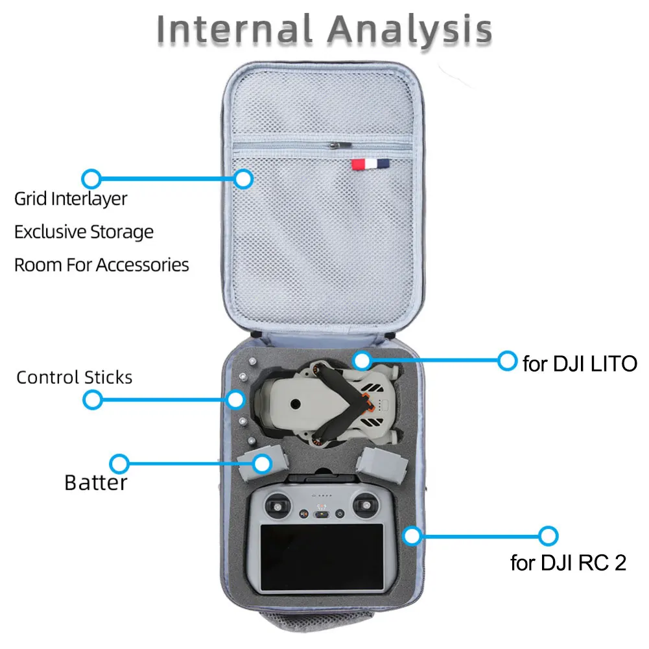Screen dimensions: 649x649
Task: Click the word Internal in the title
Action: tap(234, 29)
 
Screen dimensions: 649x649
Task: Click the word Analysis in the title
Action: tap(409, 30)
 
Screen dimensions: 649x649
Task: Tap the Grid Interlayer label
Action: tap(71, 199)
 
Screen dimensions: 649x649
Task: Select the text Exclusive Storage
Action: tap(84, 232)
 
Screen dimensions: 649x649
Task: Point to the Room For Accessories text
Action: tap(102, 265)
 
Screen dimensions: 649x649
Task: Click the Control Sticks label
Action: tap(75, 377)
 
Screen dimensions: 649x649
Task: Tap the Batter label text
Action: tap(96, 482)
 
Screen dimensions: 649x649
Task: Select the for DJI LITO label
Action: tap(580, 364)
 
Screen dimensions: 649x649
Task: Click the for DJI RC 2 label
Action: tap(569, 563)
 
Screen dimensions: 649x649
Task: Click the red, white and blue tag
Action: tap(370, 164)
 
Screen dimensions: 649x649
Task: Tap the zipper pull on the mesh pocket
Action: tap(340, 145)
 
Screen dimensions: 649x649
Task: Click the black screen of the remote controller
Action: tap(322, 558)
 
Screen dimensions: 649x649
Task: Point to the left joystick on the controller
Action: tap(277, 506)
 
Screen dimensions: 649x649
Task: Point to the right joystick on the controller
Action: tap(366, 505)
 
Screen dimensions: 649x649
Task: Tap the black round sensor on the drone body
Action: tap(296, 403)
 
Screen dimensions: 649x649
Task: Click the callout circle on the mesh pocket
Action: tap(243, 179)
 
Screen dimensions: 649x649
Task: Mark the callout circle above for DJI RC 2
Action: tap(549, 536)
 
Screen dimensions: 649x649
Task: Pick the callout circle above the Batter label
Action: tap(119, 464)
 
